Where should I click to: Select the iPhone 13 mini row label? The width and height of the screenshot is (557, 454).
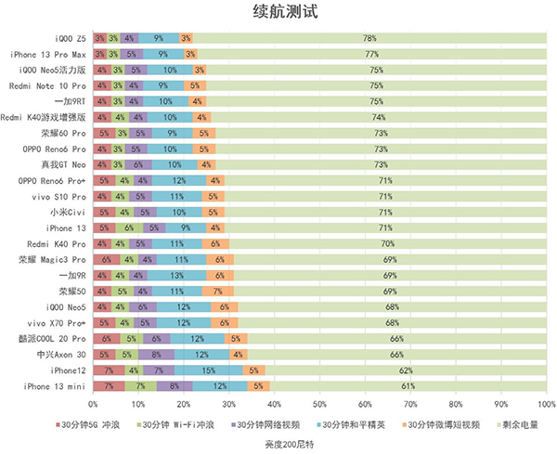coord(55,385)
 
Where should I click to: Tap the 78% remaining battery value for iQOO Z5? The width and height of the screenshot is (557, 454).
coord(369,39)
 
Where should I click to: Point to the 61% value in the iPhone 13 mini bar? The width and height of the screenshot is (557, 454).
coord(407,385)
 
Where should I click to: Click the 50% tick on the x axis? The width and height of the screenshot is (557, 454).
coord(319,405)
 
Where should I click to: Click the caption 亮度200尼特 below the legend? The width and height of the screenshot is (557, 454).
coord(278,444)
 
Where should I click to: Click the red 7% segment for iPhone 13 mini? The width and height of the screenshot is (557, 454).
coord(109,385)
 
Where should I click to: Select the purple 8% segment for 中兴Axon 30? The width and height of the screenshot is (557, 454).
coord(155,354)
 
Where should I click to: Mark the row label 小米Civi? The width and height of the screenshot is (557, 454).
coord(68,212)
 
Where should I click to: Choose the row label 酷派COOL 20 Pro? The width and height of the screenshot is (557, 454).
coord(55,338)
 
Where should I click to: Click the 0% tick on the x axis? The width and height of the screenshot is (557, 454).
coord(93,405)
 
